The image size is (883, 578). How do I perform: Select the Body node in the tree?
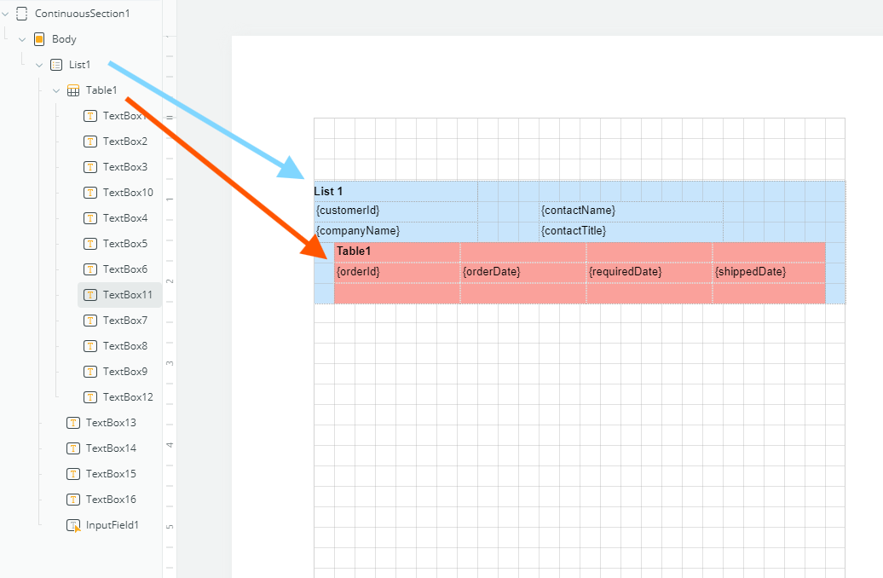click(x=64, y=39)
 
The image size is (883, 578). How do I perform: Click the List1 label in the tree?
click(x=79, y=65)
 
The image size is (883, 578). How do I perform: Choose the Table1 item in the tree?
click(x=101, y=90)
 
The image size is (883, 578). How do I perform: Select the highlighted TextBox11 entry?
click(x=127, y=295)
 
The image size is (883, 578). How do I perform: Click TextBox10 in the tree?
click(x=128, y=193)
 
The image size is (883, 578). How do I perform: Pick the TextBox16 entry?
click(x=111, y=500)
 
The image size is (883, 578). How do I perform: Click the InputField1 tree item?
click(x=112, y=525)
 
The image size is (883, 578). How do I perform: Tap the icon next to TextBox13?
click(x=73, y=423)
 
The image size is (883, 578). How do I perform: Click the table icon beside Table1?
click(x=73, y=90)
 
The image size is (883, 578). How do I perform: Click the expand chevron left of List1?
click(x=39, y=65)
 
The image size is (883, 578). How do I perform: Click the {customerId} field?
click(x=348, y=211)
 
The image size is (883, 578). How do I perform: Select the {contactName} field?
click(x=578, y=211)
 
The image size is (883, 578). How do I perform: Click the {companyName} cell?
click(x=358, y=231)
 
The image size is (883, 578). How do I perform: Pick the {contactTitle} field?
click(x=574, y=231)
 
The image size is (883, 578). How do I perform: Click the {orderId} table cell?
click(x=358, y=272)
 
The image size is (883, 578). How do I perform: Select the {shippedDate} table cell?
click(x=750, y=272)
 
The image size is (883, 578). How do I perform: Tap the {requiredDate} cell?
click(x=625, y=272)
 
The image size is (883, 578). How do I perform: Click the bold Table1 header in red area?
click(x=354, y=251)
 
